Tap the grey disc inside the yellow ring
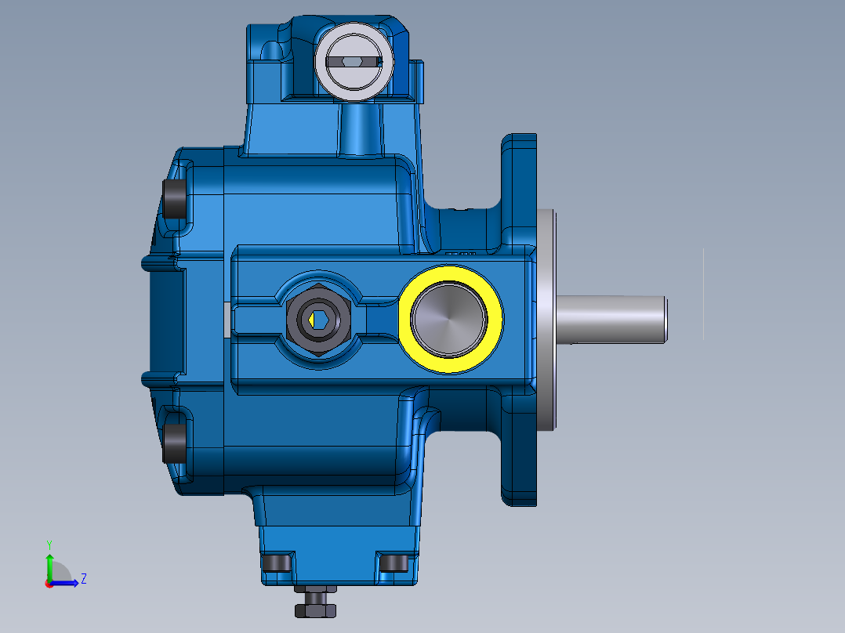pos(449,320)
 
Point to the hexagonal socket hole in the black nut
pos(319,320)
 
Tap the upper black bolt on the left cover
pos(174,199)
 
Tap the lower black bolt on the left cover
pos(173,443)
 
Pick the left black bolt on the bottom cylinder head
pos(277,562)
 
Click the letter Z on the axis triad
pos(83,579)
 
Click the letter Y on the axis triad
pos(49,544)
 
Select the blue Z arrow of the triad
pos(67,583)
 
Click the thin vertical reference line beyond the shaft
pos(703,294)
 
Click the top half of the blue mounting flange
pos(520,180)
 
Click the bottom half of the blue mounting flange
pos(520,462)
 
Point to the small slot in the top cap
pos(354,61)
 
